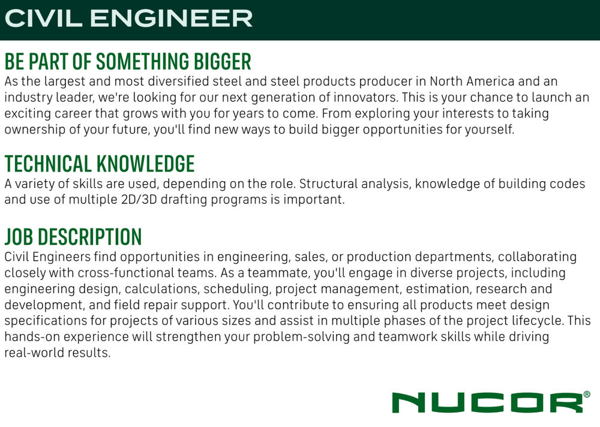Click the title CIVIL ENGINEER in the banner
(x=128, y=19)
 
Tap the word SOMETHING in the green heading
(x=143, y=62)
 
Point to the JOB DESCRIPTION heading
(x=73, y=237)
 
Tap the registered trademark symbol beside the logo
(x=587, y=394)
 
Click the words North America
(x=472, y=82)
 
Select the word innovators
(x=365, y=98)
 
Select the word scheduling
(x=238, y=289)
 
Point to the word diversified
(x=178, y=82)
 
